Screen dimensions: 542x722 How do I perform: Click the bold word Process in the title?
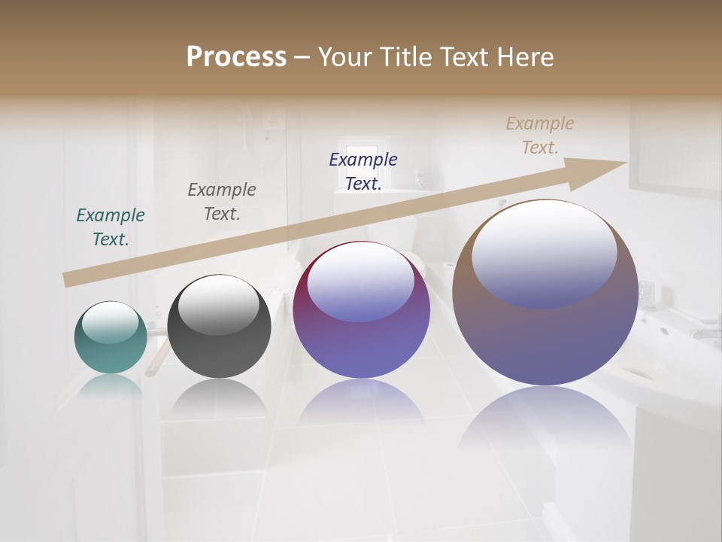(236, 57)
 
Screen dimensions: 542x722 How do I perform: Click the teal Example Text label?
(111, 227)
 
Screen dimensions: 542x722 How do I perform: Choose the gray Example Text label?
(222, 202)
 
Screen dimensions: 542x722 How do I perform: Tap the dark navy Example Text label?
(363, 171)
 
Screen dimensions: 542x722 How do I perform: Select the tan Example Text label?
(540, 135)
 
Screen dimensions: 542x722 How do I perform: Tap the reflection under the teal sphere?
(111, 385)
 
